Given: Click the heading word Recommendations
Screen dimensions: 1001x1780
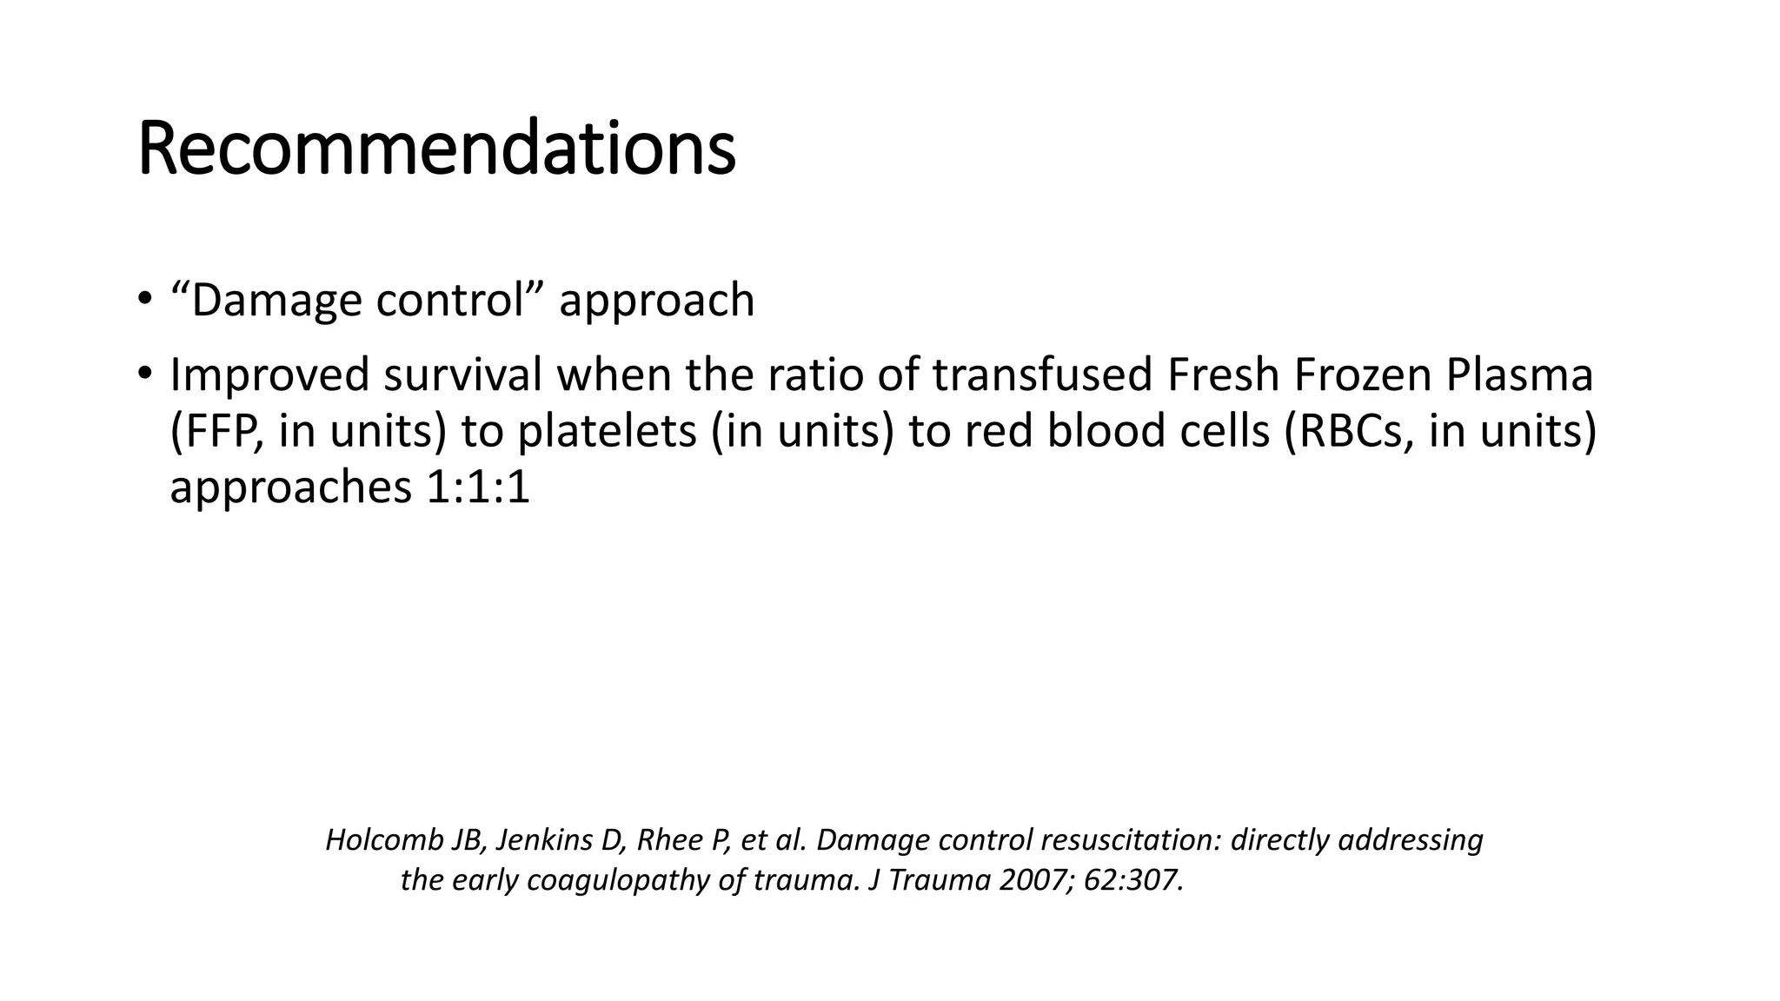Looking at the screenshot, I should (436, 149).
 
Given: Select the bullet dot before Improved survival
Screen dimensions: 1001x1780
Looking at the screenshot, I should (144, 375).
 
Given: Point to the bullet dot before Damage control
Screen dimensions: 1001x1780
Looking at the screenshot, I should (144, 300).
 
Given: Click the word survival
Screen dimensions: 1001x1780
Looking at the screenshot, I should (462, 375).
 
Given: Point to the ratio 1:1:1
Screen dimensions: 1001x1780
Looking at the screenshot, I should (478, 487).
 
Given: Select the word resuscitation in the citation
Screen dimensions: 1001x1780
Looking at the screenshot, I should (1129, 840).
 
